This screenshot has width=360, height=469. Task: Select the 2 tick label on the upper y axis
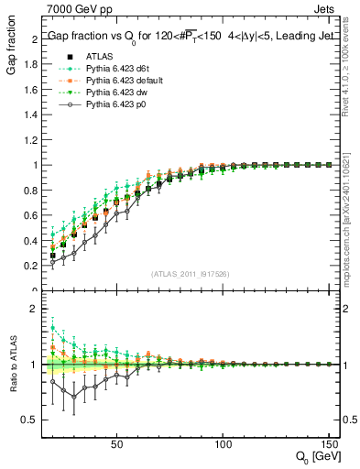click(34, 39)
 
